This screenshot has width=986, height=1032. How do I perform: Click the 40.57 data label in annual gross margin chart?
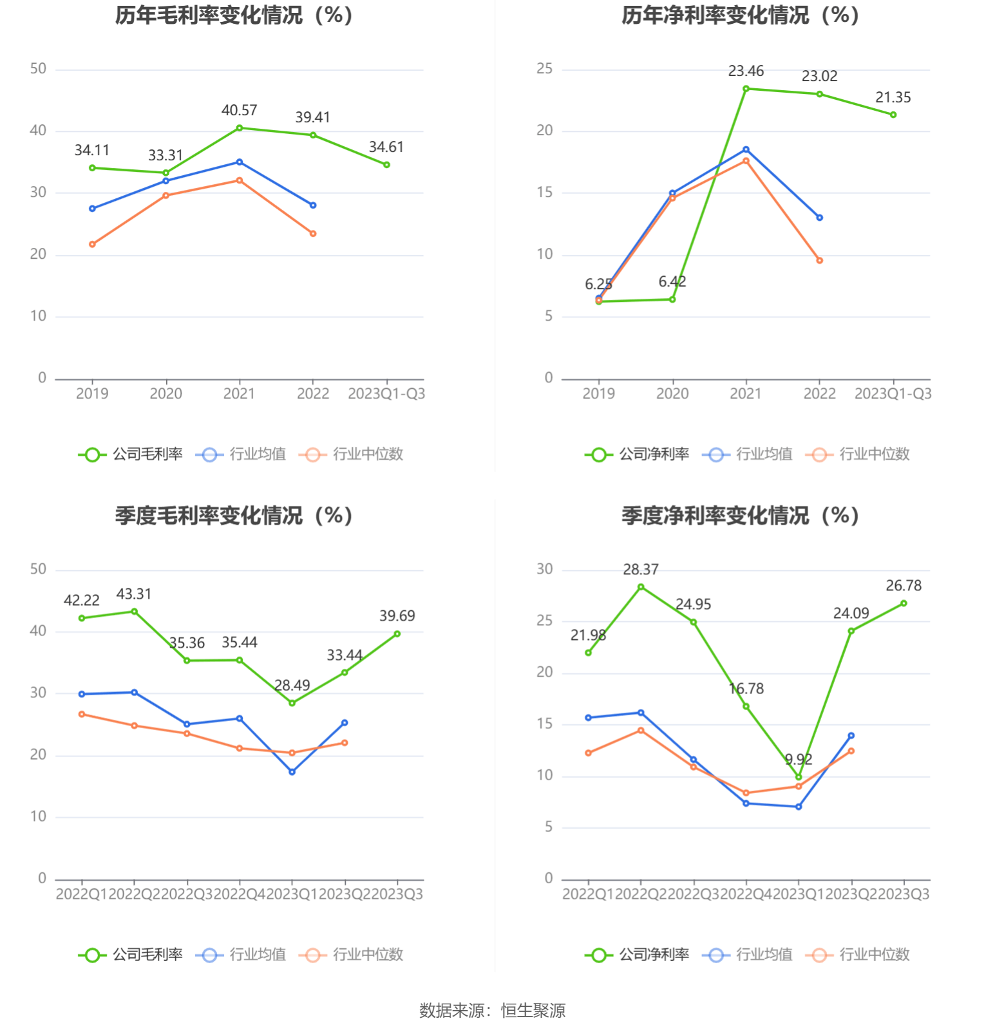pyautogui.click(x=239, y=111)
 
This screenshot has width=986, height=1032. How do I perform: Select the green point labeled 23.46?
pyautogui.click(x=746, y=89)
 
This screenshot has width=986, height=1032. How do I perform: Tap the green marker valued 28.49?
pyautogui.click(x=292, y=703)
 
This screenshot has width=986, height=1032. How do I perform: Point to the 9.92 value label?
pyautogui.click(x=799, y=760)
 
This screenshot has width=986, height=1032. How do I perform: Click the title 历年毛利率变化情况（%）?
pyautogui.click(x=234, y=15)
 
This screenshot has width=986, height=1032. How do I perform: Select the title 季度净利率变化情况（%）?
pyautogui.click(x=741, y=516)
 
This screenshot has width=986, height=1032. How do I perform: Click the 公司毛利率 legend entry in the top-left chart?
pyautogui.click(x=131, y=455)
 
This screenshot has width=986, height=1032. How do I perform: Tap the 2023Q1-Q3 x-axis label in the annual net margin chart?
pyautogui.click(x=893, y=394)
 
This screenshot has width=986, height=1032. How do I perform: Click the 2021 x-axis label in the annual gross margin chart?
pyautogui.click(x=239, y=394)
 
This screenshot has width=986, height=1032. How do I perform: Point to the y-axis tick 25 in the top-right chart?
pyautogui.click(x=545, y=69)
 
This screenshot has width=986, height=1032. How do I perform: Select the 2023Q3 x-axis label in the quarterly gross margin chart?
pyautogui.click(x=397, y=894)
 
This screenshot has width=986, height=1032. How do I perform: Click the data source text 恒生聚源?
pyautogui.click(x=533, y=1011)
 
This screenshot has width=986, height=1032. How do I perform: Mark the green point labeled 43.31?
pyautogui.click(x=134, y=612)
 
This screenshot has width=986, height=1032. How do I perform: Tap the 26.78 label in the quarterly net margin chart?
pyautogui.click(x=904, y=586)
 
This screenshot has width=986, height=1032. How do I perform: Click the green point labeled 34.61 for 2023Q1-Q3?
pyautogui.click(x=386, y=165)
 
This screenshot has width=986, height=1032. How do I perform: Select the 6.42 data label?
pyautogui.click(x=672, y=282)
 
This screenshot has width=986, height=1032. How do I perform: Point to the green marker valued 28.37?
pyautogui.click(x=641, y=587)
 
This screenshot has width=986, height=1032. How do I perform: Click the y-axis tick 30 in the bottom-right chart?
pyautogui.click(x=545, y=569)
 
